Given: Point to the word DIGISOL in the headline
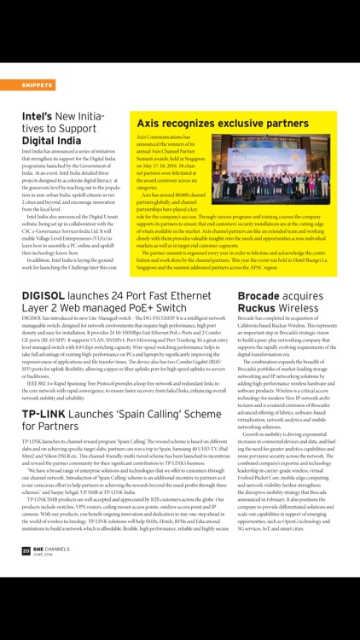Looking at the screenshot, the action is (50, 296).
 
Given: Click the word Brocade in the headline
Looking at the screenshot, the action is (264, 296).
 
